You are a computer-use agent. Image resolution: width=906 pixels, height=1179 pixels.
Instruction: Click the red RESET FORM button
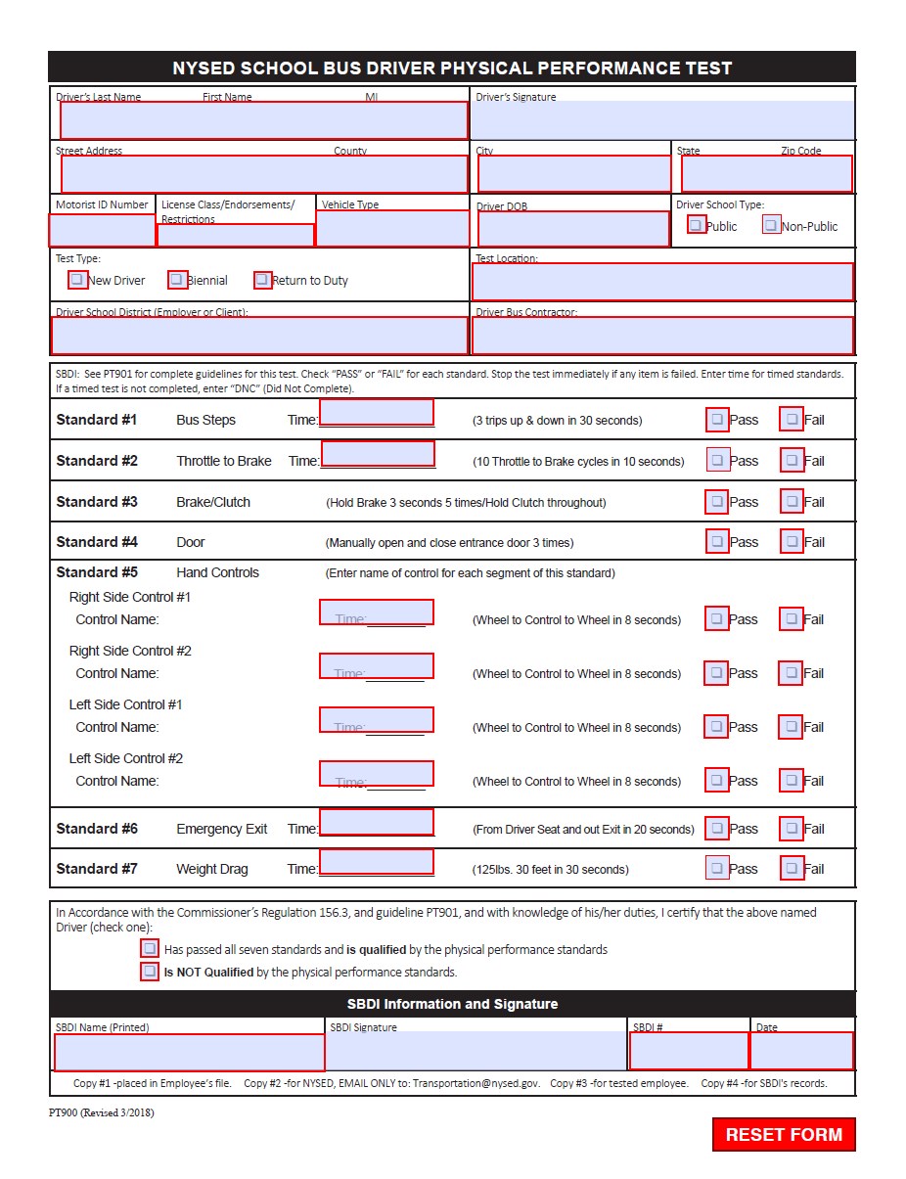784,1134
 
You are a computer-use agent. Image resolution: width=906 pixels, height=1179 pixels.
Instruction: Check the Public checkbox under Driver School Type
696,225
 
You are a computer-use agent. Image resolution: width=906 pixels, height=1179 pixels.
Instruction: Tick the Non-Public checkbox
771,225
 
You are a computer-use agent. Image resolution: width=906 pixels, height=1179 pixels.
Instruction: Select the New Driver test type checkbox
77,280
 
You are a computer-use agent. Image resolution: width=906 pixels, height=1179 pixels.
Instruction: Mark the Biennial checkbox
177,280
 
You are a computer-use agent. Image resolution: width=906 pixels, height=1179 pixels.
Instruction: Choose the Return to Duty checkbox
262,280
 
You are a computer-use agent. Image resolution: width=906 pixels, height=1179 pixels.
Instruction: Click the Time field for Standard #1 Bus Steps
377,413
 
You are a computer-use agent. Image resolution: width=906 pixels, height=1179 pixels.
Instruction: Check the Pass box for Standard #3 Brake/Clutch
717,502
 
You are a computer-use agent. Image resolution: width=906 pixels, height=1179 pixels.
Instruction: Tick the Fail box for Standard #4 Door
792,541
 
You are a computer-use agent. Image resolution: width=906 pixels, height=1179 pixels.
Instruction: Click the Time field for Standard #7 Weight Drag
377,862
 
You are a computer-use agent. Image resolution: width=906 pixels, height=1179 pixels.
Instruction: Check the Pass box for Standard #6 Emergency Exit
717,829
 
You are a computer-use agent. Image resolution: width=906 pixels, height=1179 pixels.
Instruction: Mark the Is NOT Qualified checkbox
150,972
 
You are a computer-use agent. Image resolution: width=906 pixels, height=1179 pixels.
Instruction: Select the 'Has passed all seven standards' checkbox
150,948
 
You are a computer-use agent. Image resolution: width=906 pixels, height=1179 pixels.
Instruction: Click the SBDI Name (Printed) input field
189,1052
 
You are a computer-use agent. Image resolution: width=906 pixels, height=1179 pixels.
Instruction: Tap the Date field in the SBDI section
801,1051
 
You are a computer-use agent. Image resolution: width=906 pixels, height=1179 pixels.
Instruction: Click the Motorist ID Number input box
102,230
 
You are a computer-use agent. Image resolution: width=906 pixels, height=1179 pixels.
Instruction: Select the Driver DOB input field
573,229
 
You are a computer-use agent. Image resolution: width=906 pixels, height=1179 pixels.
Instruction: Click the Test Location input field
662,282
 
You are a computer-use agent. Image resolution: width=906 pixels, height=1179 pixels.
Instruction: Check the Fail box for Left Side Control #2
792,781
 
